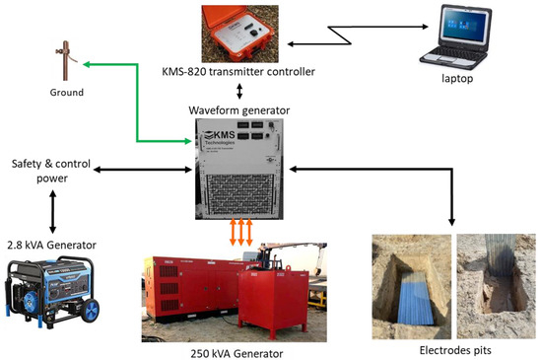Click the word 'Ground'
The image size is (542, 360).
tap(65, 93)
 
